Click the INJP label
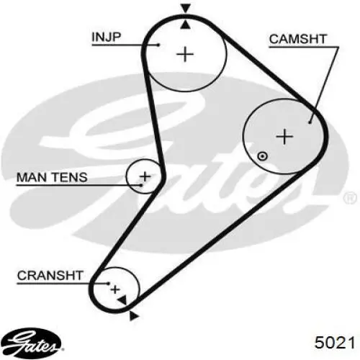pyautogui.click(x=107, y=37)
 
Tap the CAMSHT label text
pyautogui.click(x=298, y=39)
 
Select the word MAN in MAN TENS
pyautogui.click(x=32, y=177)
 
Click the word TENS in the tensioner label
pyautogui.click(x=70, y=177)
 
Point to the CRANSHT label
pyautogui.click(x=50, y=275)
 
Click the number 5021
pyautogui.click(x=335, y=343)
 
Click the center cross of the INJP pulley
pyautogui.click(x=185, y=54)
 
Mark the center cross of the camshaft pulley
pyautogui.click(x=284, y=137)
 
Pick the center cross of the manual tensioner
pyautogui.click(x=145, y=177)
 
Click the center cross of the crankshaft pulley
pyautogui.click(x=115, y=289)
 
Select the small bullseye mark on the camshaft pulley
pyautogui.click(x=262, y=156)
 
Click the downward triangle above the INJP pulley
pyautogui.click(x=186, y=9)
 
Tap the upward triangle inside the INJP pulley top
pyautogui.click(x=185, y=24)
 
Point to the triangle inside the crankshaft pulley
pyautogui.click(x=122, y=300)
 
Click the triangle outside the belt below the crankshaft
pyautogui.click(x=134, y=315)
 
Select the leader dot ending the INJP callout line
pyautogui.click(x=158, y=45)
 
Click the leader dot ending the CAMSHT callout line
pyautogui.click(x=310, y=122)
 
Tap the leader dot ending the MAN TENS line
pyautogui.click(x=141, y=185)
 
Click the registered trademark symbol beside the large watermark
pyautogui.click(x=351, y=198)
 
